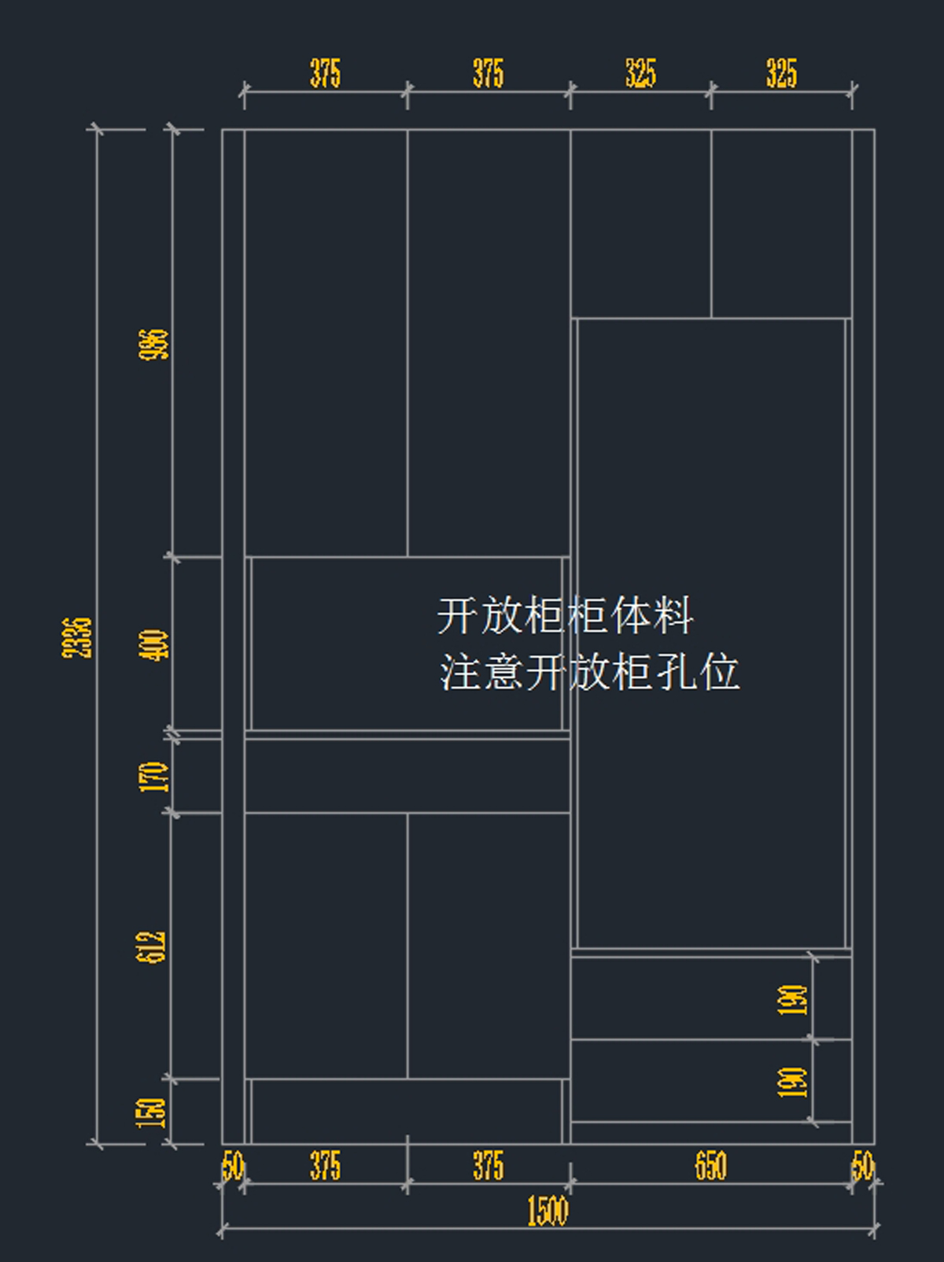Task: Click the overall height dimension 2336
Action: coord(77,637)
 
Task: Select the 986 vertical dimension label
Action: coord(154,345)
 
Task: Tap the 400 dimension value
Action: coord(154,645)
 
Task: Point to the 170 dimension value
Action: coord(154,777)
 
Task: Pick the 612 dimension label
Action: coord(152,946)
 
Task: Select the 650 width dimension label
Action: coord(710,1166)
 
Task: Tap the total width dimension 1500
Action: coord(547,1211)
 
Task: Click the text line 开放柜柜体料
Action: coord(565,616)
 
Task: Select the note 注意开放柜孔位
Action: coord(589,673)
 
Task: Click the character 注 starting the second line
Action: coord(459,673)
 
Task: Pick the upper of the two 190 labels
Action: coord(793,999)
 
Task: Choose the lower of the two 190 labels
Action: coord(793,1082)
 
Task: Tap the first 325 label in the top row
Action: coord(640,73)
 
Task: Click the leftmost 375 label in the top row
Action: coord(325,73)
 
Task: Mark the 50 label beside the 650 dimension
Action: coord(863,1166)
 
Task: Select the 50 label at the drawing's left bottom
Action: coord(233,1166)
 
